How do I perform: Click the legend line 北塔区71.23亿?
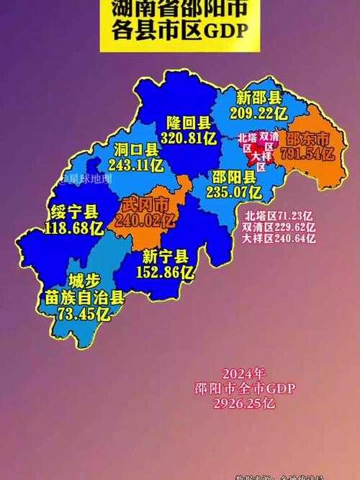point(279,214)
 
